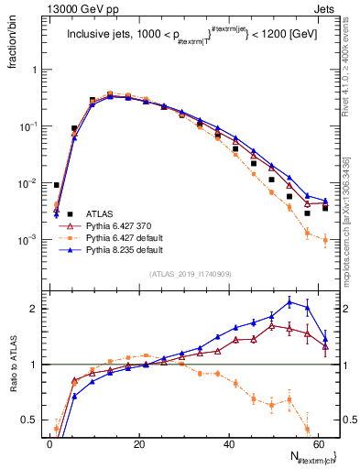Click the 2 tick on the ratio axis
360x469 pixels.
point(35,309)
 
